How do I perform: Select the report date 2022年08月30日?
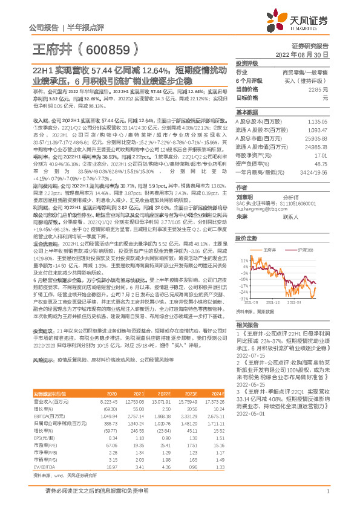coord(315,55)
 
